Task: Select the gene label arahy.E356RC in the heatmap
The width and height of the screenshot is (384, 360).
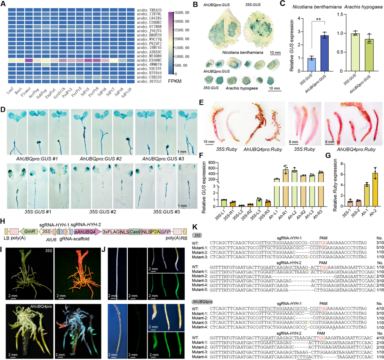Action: [x=149, y=60]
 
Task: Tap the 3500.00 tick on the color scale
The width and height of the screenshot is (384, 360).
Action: [x=182, y=13]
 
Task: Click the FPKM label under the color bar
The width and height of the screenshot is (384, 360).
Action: [x=175, y=81]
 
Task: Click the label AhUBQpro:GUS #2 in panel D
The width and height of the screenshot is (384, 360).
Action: [x=100, y=159]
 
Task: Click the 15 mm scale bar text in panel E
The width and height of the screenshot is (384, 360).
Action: [x=209, y=141]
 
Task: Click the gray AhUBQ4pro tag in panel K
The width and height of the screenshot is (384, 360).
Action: [x=202, y=302]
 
